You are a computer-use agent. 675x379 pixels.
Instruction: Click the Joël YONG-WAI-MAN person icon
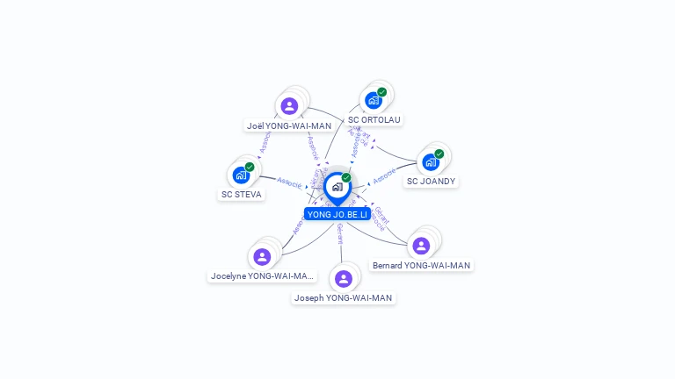tap(289, 107)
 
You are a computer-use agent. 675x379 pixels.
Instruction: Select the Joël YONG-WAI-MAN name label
tap(289, 125)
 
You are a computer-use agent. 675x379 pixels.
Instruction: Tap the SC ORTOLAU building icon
tap(374, 100)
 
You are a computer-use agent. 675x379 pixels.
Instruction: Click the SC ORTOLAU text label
tap(374, 119)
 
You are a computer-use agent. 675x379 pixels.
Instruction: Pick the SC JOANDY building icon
tap(431, 162)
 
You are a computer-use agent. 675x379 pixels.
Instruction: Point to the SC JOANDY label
tap(431, 182)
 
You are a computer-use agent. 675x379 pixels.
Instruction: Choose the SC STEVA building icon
tap(241, 175)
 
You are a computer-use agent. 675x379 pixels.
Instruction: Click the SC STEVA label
tap(242, 195)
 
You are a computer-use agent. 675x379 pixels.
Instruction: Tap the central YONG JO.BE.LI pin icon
tap(337, 187)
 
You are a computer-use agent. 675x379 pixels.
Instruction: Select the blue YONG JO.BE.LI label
tap(337, 214)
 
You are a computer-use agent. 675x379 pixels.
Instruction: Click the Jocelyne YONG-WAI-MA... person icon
tap(262, 257)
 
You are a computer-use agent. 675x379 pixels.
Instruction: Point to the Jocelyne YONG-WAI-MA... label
tap(262, 275)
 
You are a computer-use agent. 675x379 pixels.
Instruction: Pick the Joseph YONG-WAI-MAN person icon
tap(343, 279)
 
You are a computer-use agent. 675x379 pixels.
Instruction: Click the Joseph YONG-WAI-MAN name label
tap(343, 298)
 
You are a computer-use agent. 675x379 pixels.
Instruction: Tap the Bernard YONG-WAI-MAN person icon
tap(421, 246)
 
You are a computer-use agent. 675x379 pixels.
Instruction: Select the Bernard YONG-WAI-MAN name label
tap(421, 265)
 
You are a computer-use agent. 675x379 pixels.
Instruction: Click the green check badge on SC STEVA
tap(250, 167)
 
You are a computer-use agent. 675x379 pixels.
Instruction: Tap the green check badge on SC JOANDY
tap(439, 154)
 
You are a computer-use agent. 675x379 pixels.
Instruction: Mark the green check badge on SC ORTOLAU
tap(382, 92)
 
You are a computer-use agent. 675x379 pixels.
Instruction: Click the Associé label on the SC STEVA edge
tap(289, 183)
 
